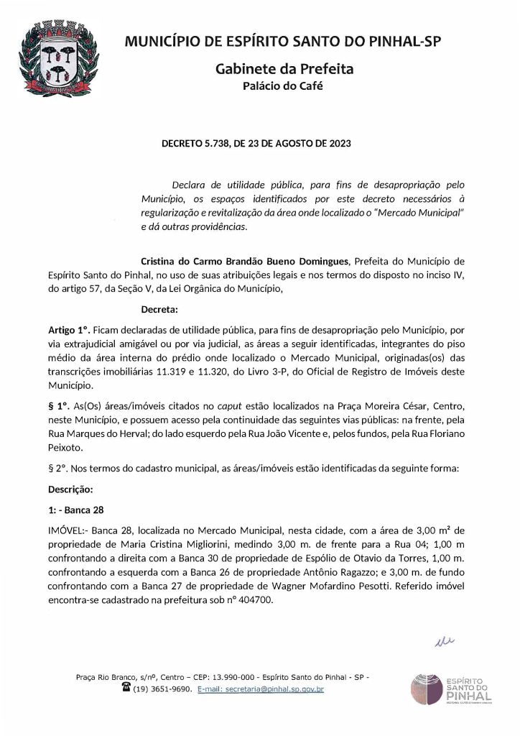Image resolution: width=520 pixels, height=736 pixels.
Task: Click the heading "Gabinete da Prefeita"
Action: (284, 69)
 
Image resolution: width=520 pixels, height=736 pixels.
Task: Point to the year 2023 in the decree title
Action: (339, 144)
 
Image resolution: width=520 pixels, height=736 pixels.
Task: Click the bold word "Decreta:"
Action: (159, 310)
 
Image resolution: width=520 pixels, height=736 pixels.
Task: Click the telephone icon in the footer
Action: (126, 688)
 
